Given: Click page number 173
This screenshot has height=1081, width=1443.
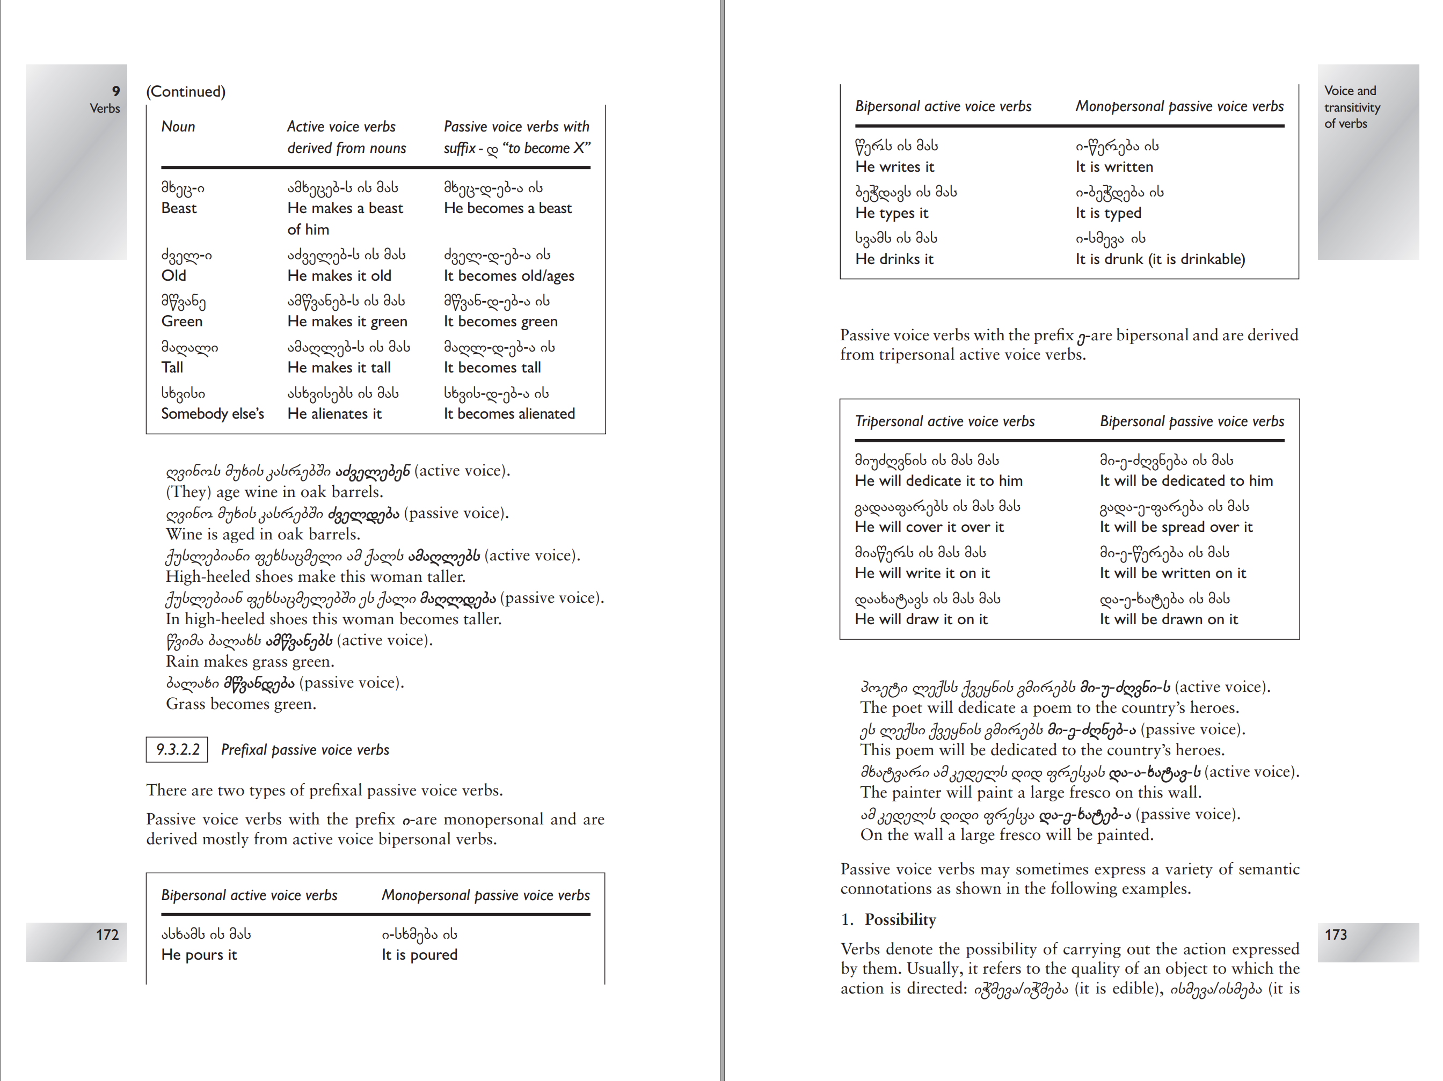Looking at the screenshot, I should (x=1335, y=934).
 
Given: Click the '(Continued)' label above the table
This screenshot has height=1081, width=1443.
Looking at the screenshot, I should (x=186, y=91).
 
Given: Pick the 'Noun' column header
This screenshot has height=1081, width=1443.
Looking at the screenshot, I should (x=178, y=127).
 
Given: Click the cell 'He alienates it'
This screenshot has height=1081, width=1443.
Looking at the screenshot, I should (x=334, y=414).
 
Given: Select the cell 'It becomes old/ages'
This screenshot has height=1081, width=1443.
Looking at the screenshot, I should (x=509, y=275).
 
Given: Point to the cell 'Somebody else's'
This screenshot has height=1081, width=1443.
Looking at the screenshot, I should (x=213, y=414).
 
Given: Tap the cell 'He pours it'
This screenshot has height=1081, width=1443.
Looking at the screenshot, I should (x=199, y=954).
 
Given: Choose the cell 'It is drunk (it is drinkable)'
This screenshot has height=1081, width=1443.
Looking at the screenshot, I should (x=1160, y=259).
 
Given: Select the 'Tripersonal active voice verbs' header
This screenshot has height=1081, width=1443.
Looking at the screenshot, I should (x=945, y=421).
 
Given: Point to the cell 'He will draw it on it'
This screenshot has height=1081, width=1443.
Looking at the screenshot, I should (x=921, y=619).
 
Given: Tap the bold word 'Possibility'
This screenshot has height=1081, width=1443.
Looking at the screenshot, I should (x=900, y=919).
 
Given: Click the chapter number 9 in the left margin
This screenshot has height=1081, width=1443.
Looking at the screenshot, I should (x=116, y=91).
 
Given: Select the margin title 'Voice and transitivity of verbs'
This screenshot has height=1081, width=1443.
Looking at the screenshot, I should (x=1352, y=107).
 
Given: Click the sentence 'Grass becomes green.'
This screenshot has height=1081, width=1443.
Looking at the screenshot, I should (x=240, y=704).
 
